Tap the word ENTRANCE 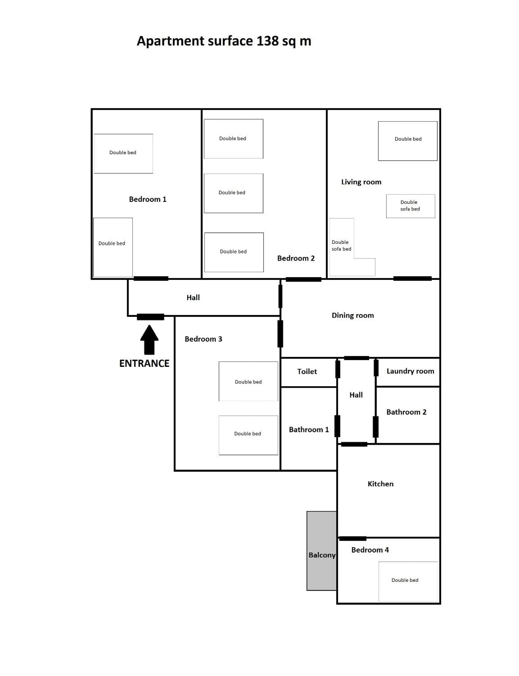[x=144, y=363]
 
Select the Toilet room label [x=307, y=371]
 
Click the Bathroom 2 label [x=406, y=412]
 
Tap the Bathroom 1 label [x=309, y=430]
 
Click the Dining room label [x=353, y=316]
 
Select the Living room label [x=361, y=182]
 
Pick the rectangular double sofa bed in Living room [x=411, y=206]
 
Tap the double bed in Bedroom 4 [x=408, y=581]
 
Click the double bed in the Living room [x=408, y=141]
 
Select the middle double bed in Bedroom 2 [x=234, y=193]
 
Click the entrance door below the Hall [x=151, y=317]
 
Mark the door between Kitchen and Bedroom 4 [x=353, y=538]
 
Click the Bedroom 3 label [x=203, y=339]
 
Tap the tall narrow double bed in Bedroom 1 [x=113, y=247]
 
